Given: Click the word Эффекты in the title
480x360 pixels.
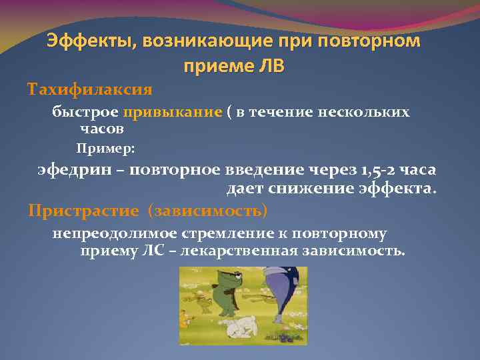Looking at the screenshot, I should (87, 41).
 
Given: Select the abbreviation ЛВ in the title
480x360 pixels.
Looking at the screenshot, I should (270, 66).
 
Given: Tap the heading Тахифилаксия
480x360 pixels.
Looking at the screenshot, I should (89, 89).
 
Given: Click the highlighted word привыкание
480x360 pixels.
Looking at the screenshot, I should (177, 112).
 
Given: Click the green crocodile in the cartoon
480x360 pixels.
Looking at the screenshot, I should (220, 293).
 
